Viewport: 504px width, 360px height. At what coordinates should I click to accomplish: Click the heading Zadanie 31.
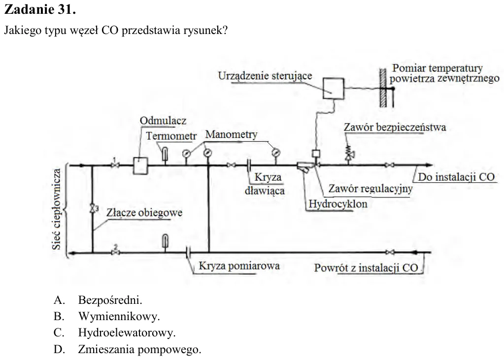(x=40, y=9)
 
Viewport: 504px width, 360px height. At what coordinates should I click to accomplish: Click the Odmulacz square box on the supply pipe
(x=140, y=165)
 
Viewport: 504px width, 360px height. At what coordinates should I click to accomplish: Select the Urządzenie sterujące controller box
(x=334, y=88)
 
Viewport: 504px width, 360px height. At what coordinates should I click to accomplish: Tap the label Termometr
(x=171, y=136)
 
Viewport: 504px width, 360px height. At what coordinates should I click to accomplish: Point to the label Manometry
(x=231, y=134)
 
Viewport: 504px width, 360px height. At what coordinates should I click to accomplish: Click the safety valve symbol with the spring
(x=349, y=152)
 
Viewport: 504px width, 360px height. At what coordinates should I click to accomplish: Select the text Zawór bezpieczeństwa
(x=395, y=127)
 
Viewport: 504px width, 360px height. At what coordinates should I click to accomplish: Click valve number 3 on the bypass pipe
(x=93, y=208)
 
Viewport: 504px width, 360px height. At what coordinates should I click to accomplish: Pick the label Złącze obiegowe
(x=144, y=213)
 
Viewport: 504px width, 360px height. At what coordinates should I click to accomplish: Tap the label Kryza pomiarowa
(x=239, y=266)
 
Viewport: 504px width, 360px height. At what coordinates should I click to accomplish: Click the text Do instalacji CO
(x=456, y=177)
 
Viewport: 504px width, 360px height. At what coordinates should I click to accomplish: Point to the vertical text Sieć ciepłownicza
(x=56, y=209)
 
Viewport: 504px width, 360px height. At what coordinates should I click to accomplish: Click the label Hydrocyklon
(x=338, y=204)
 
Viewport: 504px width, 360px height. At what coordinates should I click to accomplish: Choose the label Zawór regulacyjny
(x=370, y=189)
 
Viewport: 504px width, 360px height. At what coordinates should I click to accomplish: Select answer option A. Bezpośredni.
(x=98, y=300)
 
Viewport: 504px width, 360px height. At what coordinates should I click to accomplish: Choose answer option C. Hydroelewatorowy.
(x=114, y=333)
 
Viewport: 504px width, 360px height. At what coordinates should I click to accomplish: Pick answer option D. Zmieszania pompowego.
(x=127, y=349)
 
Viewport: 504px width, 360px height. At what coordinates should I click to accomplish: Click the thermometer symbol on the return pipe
(x=165, y=241)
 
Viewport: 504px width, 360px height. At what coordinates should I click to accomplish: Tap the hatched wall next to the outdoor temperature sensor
(x=383, y=88)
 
